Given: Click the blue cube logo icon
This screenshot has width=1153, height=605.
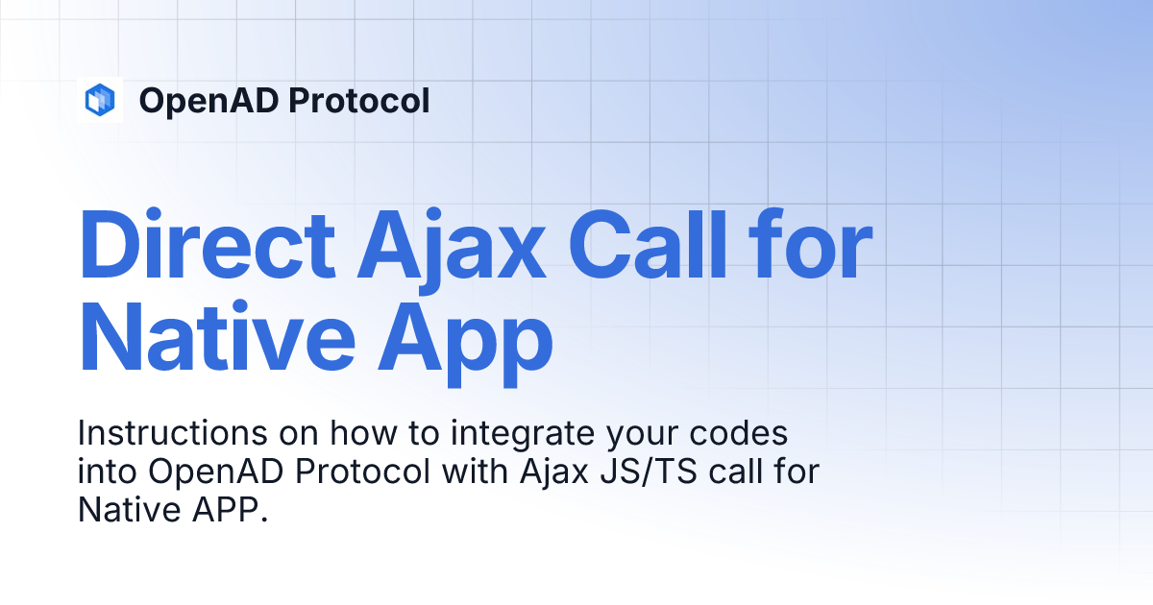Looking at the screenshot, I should coord(100,100).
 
